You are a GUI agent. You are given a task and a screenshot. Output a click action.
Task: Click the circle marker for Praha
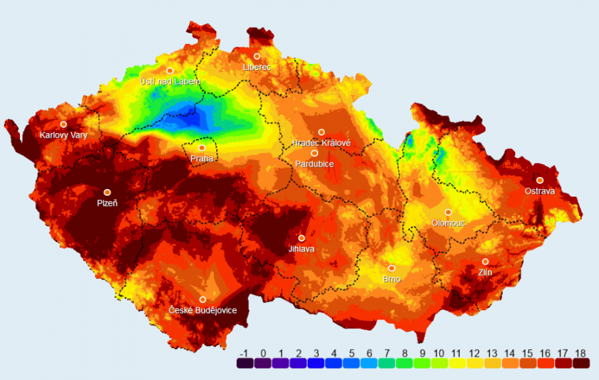point(202,148)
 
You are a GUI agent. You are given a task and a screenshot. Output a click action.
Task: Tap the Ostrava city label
point(540,191)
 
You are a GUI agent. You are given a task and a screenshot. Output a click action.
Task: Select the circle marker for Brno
point(392,268)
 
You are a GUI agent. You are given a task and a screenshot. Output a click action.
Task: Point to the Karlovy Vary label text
point(63,135)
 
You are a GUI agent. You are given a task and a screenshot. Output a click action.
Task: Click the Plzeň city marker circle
point(107,192)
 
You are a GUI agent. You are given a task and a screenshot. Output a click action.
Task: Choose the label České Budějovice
point(202,310)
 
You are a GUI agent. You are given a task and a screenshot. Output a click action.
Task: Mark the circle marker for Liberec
point(257,56)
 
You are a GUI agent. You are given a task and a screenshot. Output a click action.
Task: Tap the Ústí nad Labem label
point(170,81)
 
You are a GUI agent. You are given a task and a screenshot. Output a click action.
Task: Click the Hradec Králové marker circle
point(321,132)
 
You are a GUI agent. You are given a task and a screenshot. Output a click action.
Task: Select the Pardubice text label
point(315,163)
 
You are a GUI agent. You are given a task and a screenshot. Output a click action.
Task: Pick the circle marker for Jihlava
point(301,238)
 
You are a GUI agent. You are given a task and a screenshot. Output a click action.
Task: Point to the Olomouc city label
point(448,223)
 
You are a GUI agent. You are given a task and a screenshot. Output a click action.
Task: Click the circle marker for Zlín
point(486,262)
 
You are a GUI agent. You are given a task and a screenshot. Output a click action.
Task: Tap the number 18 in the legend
point(580,353)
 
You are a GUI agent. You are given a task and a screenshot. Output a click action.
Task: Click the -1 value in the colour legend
point(245,353)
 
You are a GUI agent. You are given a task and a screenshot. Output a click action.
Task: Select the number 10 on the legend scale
point(439,353)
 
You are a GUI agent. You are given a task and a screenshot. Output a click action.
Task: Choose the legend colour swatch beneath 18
point(580,364)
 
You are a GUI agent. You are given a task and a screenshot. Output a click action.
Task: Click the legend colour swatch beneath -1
point(245,364)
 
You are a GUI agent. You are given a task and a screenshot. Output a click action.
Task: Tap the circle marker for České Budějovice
point(202,299)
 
